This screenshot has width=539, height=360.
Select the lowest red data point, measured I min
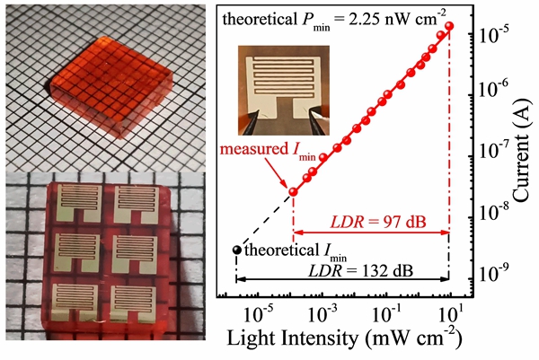click(x=293, y=192)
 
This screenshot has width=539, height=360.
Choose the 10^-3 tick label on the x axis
click(x=321, y=312)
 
